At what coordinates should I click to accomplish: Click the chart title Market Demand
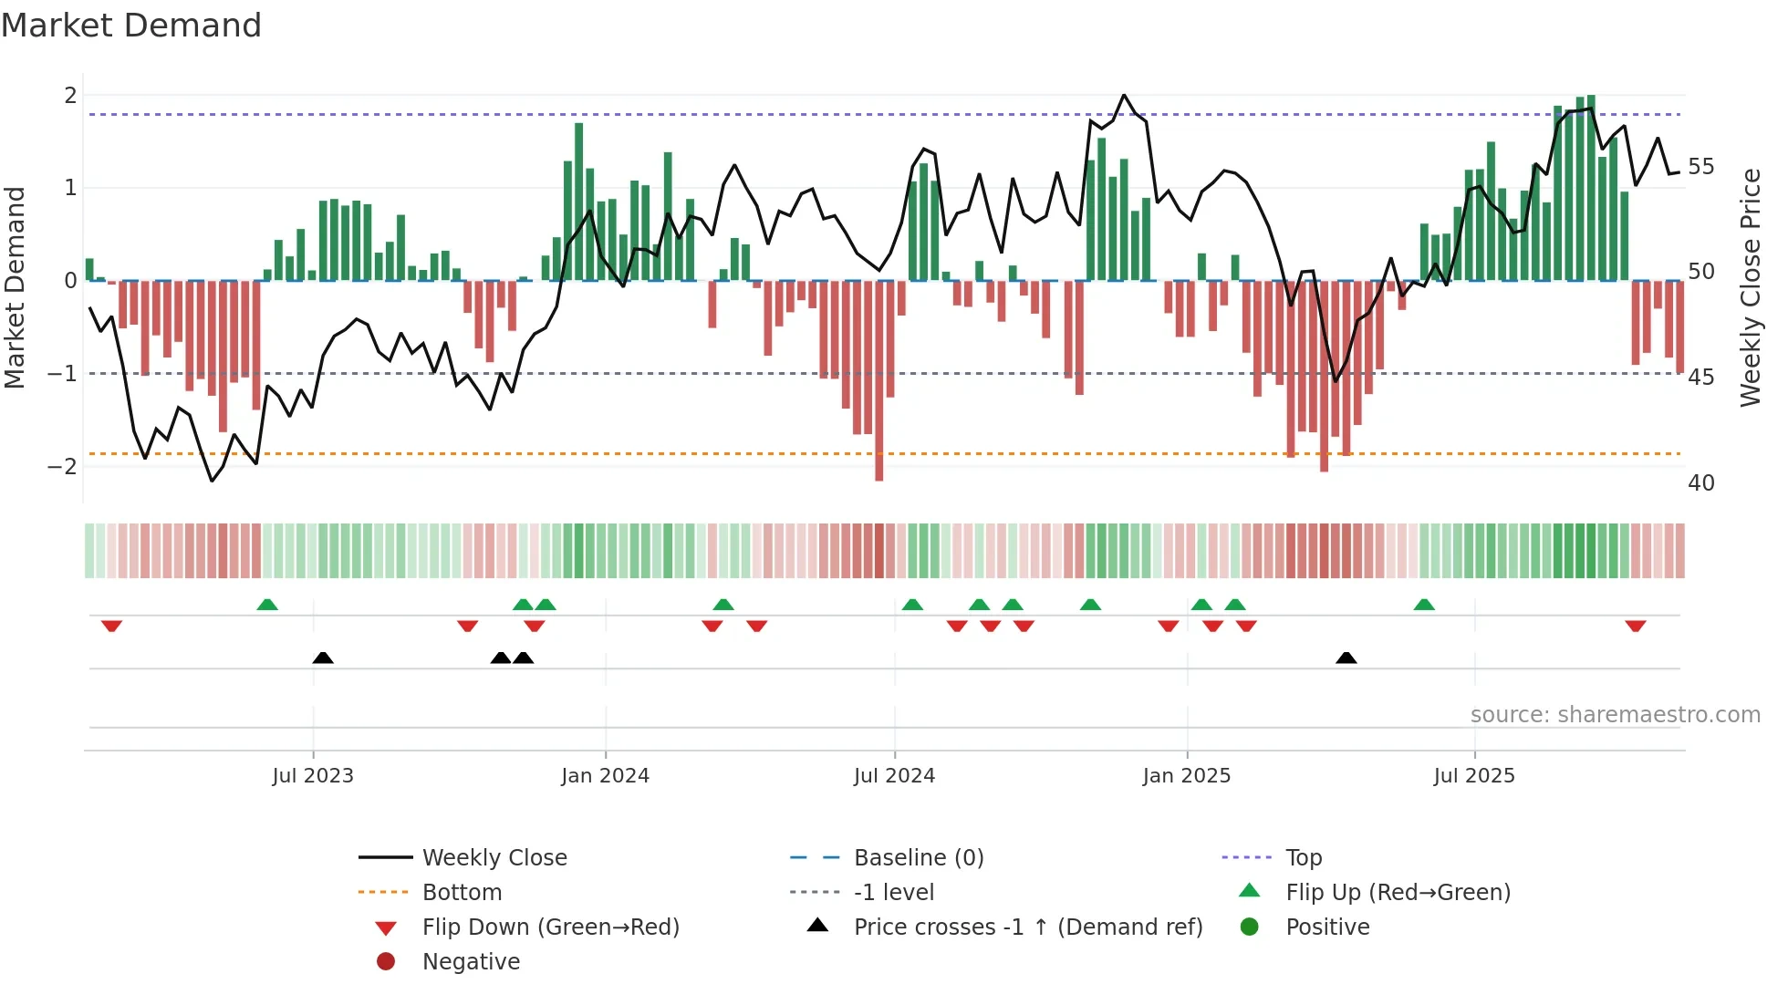coord(131,26)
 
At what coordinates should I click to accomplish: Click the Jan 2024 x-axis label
coord(605,776)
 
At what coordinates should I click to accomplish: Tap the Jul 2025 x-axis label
coord(1473,776)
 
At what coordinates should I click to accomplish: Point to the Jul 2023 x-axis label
coord(312,776)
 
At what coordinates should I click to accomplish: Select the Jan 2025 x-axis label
coord(1186,776)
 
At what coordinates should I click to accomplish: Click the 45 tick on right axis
coord(1700,378)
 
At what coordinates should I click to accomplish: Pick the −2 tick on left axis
coord(62,467)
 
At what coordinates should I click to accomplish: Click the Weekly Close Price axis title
coord(1750,287)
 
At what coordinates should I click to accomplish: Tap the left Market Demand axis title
coord(16,287)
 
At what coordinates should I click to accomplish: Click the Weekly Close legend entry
coord(494,858)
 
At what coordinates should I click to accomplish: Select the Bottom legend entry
coord(462,893)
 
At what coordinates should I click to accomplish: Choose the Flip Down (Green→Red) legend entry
coord(550,927)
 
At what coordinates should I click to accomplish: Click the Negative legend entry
coord(471,962)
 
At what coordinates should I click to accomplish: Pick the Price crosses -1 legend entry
coord(1027,927)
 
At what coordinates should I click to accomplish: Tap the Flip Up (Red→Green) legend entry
coord(1398,893)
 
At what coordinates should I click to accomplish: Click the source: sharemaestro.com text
coord(1615,715)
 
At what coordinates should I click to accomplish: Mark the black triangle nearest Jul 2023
coord(323,658)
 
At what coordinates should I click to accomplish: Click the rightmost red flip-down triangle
coord(1635,627)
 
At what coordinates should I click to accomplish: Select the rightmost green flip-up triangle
coord(1424,605)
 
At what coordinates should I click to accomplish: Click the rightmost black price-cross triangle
coord(1346,658)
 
